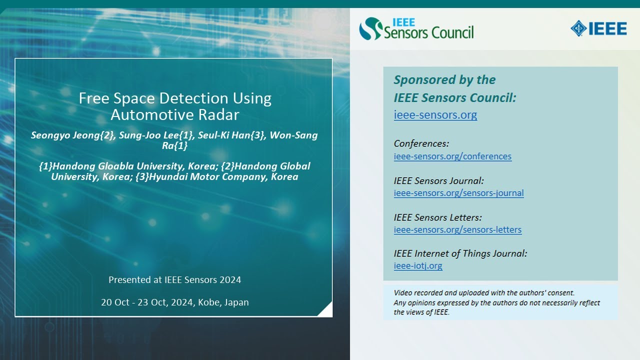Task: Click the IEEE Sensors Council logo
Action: (x=416, y=28)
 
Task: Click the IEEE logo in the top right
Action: (x=598, y=28)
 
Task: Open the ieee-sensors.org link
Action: (x=435, y=114)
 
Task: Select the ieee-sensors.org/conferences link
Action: (x=452, y=156)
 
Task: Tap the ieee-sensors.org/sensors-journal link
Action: (x=458, y=193)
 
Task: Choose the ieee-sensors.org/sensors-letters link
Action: (x=457, y=229)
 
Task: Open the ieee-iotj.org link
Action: (x=417, y=265)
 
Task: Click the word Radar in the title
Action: (x=217, y=114)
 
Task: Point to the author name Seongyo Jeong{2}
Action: (x=71, y=135)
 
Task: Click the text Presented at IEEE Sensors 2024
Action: (x=174, y=279)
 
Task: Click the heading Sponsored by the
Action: (x=444, y=80)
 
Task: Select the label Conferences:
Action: (x=421, y=143)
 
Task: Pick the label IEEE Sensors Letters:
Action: (x=437, y=217)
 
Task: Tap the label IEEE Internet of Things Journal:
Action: (x=460, y=253)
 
